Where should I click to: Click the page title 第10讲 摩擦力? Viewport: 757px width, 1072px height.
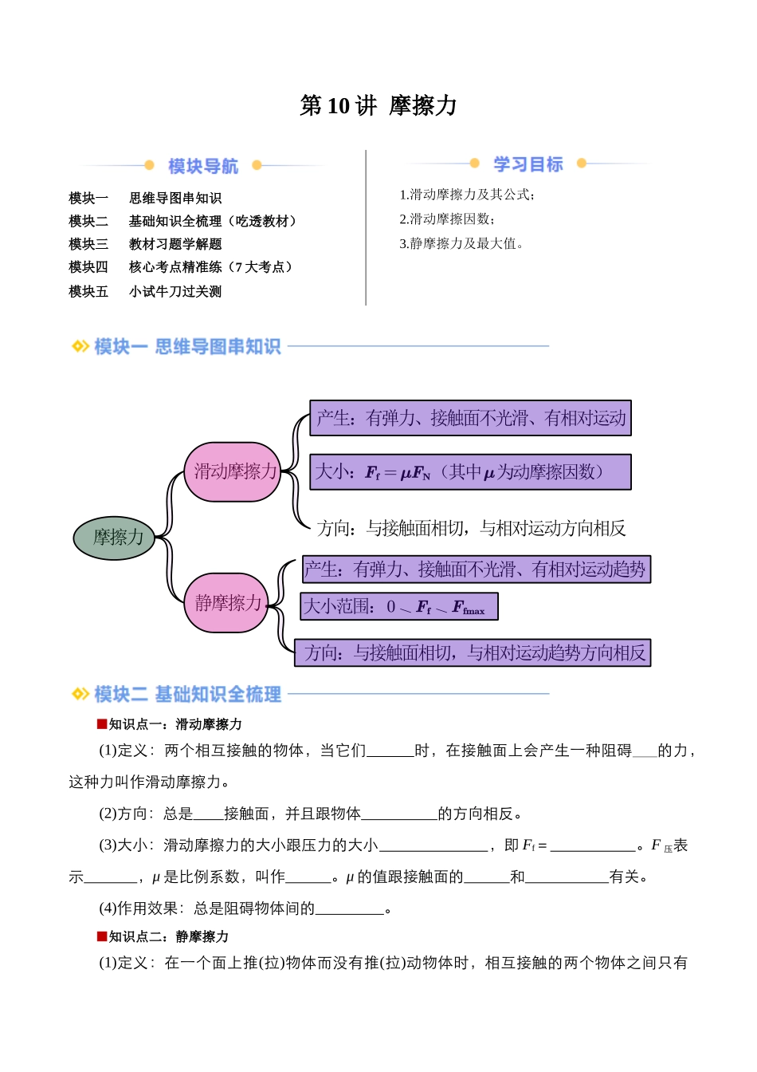tap(378, 105)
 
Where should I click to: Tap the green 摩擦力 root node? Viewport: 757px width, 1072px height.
tap(118, 538)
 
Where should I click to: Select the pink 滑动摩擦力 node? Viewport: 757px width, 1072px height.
tap(234, 472)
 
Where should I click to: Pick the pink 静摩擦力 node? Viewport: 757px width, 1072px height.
tap(228, 603)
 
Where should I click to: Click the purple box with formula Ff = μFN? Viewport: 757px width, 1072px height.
tap(470, 472)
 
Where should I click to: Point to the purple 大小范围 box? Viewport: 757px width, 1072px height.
tap(399, 607)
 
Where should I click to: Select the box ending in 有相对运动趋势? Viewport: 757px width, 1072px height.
tap(476, 569)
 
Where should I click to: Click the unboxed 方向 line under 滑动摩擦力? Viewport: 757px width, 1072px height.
tap(471, 528)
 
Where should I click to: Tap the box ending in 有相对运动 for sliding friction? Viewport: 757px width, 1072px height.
tap(471, 419)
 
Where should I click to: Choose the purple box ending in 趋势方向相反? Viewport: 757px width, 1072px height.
tap(473, 653)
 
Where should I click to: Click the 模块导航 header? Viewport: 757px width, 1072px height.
tap(203, 166)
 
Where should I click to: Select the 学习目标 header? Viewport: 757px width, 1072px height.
tap(528, 164)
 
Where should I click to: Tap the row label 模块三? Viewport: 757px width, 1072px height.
tap(88, 244)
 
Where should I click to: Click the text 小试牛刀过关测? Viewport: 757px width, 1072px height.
tap(175, 292)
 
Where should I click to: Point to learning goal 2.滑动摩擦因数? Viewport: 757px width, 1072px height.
tap(447, 219)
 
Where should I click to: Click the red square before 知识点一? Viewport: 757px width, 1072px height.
tap(102, 724)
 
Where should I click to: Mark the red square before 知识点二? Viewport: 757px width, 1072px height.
tap(102, 936)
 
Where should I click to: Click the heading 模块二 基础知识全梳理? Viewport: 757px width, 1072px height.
tap(187, 695)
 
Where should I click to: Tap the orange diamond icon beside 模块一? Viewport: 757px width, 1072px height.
tap(80, 346)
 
